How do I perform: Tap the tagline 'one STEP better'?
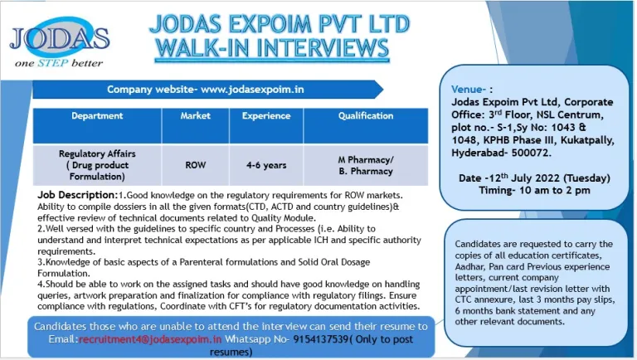pos(59,63)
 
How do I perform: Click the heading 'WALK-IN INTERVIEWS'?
pos(272,48)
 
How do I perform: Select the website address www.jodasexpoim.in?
pos(252,90)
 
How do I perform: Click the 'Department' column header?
pos(97,116)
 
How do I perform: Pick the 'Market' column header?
pos(196,116)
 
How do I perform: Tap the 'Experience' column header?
pos(266,116)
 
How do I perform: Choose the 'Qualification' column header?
pos(366,116)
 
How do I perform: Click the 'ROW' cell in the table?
pos(196,165)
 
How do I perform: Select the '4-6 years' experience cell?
pos(266,165)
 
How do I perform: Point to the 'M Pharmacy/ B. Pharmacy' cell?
pos(366,165)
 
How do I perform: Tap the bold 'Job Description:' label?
pos(78,195)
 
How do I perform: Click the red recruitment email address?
pos(150,339)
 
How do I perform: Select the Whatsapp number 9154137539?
pos(321,339)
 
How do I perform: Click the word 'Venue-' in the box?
pos(469,90)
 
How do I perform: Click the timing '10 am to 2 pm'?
pos(555,191)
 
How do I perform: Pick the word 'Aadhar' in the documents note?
pos(469,266)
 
